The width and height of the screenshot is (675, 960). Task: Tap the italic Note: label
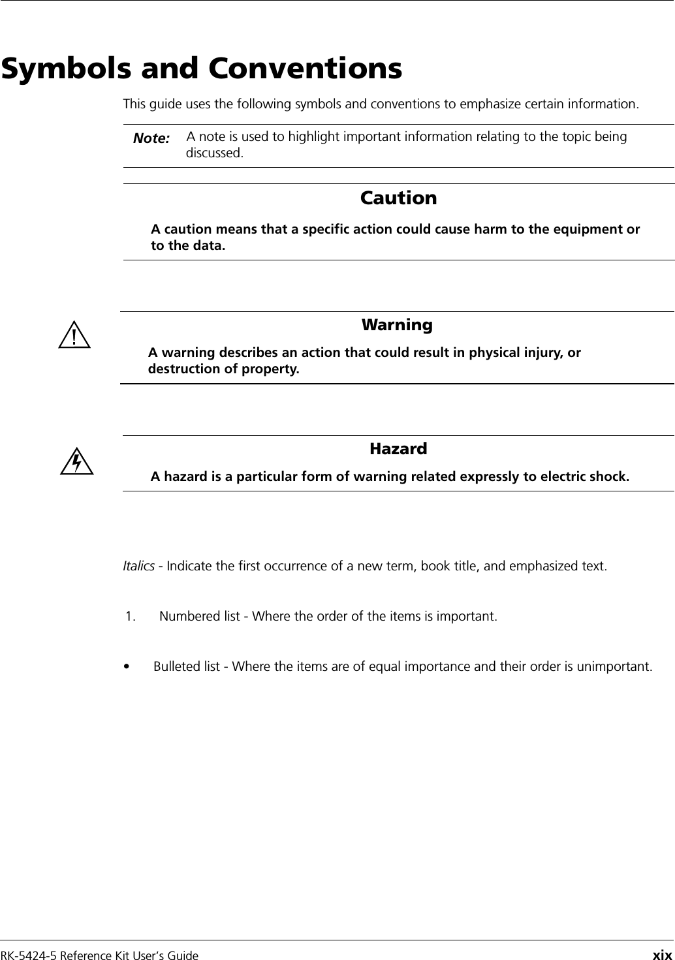[x=151, y=138]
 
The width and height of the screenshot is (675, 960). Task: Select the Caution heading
[x=398, y=198]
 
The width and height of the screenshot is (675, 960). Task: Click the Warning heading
[x=397, y=324]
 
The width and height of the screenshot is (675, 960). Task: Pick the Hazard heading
[x=398, y=448]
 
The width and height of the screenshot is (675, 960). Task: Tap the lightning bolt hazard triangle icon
[x=76, y=461]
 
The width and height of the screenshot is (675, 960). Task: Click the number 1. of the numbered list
[x=132, y=616]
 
